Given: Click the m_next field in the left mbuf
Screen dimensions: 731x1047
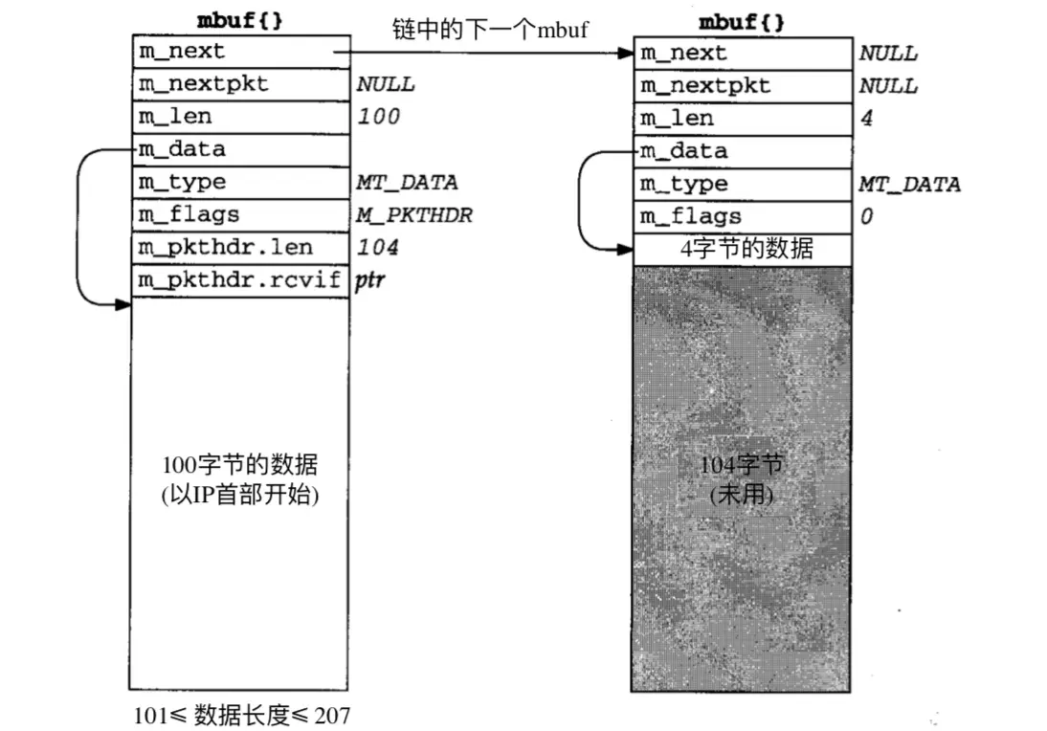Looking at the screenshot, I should tap(239, 51).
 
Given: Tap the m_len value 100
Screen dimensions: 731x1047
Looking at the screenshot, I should tap(378, 117).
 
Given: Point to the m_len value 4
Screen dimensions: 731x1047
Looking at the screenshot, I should tap(867, 120).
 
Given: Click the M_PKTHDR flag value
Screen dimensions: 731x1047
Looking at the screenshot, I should tap(413, 214).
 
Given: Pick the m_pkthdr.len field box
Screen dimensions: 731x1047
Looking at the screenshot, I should tap(239, 248).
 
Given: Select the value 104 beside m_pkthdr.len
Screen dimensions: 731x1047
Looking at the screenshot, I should tap(377, 248).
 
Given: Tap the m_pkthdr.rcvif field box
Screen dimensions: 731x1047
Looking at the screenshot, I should tap(239, 281).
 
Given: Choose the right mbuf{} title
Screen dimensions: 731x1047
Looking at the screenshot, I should tap(742, 22).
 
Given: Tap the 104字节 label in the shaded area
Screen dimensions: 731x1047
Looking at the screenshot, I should tap(742, 466).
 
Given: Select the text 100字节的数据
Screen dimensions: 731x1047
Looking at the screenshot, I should tap(239, 467).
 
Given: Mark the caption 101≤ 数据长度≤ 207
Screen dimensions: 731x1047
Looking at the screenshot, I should tap(241, 714).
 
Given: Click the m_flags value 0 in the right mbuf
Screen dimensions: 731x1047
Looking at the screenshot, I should tap(866, 217).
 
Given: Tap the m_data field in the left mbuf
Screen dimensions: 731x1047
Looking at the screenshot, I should tap(239, 149).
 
